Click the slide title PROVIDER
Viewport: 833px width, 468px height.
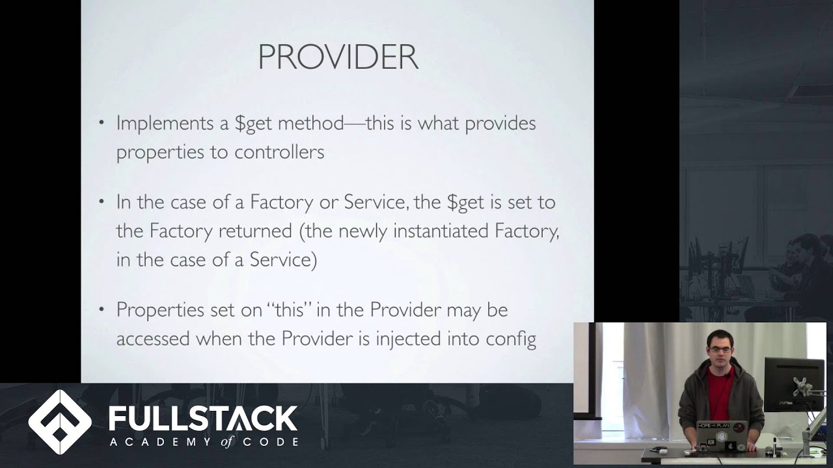(x=338, y=57)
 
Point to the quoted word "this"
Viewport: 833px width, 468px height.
(x=289, y=309)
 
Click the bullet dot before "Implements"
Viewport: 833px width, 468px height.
(x=101, y=122)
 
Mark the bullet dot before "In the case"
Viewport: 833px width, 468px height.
(x=101, y=201)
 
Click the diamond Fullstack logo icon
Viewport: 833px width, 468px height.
(x=60, y=422)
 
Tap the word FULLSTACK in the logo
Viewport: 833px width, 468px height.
(x=203, y=419)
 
